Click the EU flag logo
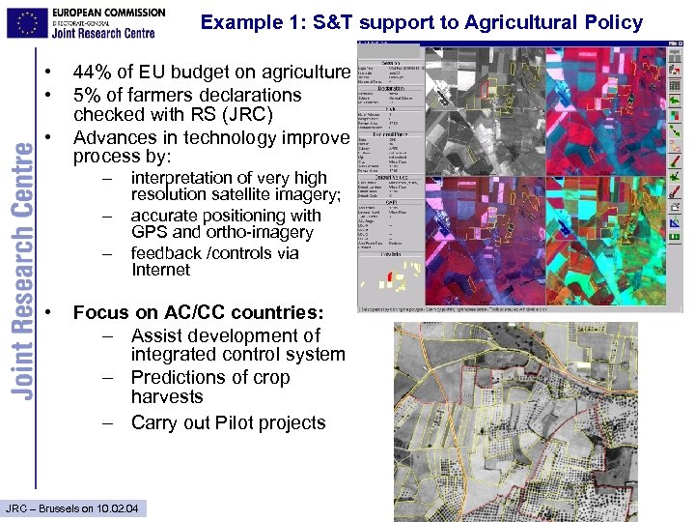point(27,20)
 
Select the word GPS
point(152,232)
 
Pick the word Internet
point(161,270)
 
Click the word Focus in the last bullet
point(101,313)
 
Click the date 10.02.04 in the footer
point(116,508)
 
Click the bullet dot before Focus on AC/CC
point(47,313)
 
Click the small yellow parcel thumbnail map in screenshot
point(388,280)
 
